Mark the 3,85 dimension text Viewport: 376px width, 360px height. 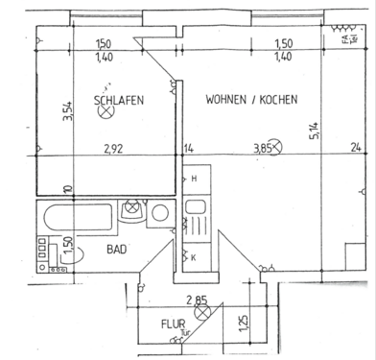(262, 149)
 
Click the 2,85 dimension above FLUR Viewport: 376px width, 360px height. (198, 300)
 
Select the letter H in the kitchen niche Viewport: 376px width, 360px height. (194, 180)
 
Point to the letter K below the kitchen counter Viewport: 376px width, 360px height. (193, 258)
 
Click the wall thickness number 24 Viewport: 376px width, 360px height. (356, 148)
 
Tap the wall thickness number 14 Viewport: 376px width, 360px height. (188, 149)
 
